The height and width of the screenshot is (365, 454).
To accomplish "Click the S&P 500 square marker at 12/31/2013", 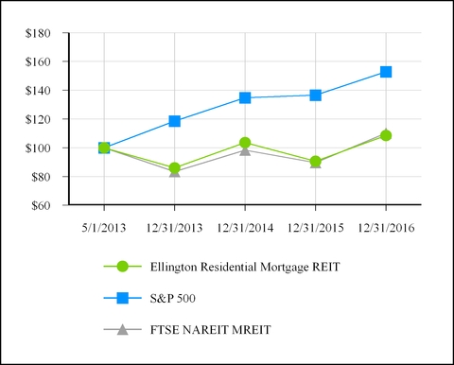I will [174, 121].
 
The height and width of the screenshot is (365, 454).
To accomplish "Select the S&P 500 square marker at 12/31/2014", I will [245, 97].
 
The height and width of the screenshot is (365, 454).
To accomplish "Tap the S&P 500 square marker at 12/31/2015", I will [315, 96].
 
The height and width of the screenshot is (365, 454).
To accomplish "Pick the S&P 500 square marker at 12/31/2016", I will [386, 72].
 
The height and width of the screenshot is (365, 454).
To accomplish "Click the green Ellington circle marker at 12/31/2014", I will [245, 143].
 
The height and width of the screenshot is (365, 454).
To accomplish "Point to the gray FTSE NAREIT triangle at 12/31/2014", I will [245, 150].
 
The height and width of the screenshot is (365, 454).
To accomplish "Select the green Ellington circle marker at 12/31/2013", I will [174, 168].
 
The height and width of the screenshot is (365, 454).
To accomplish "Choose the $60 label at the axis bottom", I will [44, 205].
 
